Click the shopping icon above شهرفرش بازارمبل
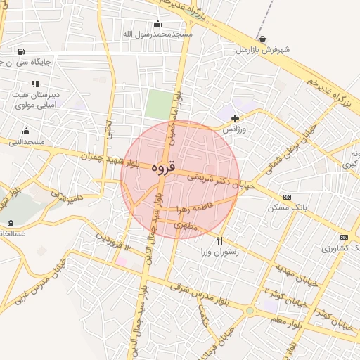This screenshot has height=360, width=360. pyautogui.click(x=262, y=39)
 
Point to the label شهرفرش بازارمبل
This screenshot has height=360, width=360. pyautogui.click(x=263, y=50)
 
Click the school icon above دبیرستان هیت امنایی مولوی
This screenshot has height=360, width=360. pyautogui.click(x=35, y=84)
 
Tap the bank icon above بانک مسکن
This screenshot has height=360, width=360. pyautogui.click(x=286, y=197)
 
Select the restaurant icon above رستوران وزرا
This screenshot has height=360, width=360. pyautogui.click(x=219, y=240)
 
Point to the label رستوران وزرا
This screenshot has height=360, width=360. pyautogui.click(x=220, y=251)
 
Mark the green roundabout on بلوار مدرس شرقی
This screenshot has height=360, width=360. pyautogui.click(x=250, y=310)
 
